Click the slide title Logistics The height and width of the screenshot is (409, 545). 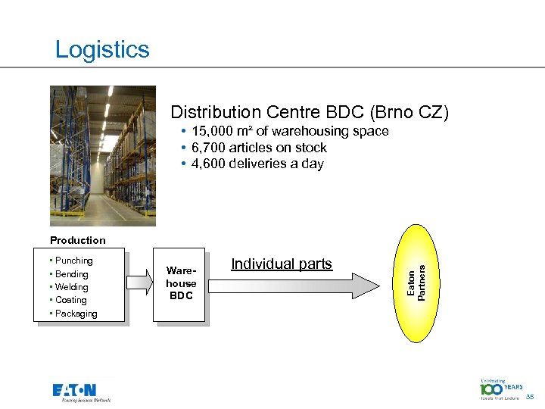(x=102, y=50)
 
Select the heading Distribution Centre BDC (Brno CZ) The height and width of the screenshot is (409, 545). (x=310, y=113)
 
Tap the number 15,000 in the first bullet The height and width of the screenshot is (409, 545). (x=213, y=131)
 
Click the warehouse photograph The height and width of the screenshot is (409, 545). (x=103, y=155)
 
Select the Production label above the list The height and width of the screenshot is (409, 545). (x=78, y=240)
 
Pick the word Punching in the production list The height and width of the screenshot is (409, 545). (x=74, y=261)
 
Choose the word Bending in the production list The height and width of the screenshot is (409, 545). (x=72, y=274)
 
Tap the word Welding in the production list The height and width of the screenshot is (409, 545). (x=72, y=287)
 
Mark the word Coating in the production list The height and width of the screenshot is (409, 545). (x=71, y=300)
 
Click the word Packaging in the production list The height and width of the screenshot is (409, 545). (x=76, y=314)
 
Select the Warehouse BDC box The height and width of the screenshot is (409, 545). (x=181, y=283)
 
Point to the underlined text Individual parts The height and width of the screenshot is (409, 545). (x=282, y=264)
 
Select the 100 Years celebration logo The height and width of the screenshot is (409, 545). (x=501, y=389)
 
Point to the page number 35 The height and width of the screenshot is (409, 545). (x=531, y=395)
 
